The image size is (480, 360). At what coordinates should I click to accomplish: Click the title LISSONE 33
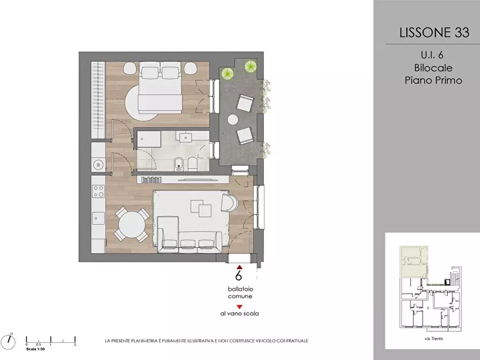point(434,32)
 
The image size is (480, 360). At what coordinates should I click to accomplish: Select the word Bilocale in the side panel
point(433,68)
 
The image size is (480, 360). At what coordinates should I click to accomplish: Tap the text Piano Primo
point(433,80)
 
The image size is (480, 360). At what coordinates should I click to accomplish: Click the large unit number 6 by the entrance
point(239,275)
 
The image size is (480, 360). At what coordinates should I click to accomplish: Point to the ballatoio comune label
point(240,293)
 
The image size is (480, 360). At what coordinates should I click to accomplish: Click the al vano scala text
point(239,313)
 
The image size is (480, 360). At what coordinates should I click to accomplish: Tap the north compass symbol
point(8,342)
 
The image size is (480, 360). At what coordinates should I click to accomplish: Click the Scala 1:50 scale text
point(35,349)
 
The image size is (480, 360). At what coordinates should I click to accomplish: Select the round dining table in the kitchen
point(132,225)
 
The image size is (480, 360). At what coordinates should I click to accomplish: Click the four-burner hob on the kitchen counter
point(98,191)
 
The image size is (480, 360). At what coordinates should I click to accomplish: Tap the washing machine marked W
point(98,165)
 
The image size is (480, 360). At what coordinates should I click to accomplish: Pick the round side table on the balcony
point(233,119)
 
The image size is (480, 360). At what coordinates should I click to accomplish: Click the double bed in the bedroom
point(160,87)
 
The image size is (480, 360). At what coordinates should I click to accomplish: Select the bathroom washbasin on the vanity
point(185,136)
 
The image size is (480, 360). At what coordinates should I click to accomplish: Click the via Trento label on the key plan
point(434,339)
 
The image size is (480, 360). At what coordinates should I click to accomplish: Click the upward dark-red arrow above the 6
point(239,267)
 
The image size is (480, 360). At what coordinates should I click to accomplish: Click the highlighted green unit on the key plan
point(414,261)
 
